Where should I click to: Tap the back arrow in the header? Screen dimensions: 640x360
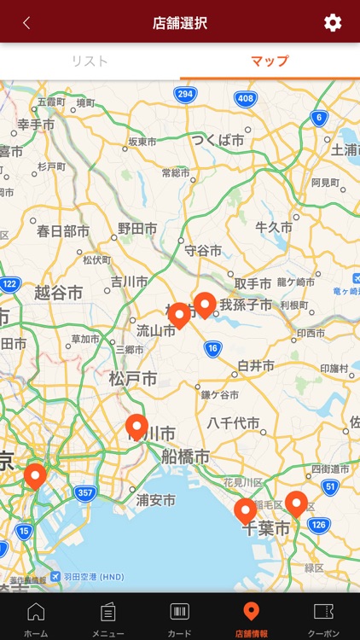(26, 23)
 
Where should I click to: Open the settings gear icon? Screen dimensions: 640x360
(333, 23)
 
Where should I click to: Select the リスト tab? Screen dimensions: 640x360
(90, 61)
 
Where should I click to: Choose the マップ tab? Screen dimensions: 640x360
(270, 61)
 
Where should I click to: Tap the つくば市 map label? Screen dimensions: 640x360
(218, 140)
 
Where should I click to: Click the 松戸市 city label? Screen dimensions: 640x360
(132, 378)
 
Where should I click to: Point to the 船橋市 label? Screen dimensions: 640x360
(185, 457)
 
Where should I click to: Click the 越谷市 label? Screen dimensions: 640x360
(58, 293)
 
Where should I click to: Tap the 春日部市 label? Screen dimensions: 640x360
(63, 230)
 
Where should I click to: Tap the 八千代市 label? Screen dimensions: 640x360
(233, 422)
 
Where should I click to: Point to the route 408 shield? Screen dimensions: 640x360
(246, 99)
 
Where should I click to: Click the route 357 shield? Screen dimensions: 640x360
(84, 492)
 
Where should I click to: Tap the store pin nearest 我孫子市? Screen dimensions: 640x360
(205, 304)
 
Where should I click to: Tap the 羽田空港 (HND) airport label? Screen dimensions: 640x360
(88, 577)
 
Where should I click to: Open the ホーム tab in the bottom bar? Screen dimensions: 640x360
(36, 618)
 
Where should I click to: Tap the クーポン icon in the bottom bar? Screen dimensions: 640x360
(323, 618)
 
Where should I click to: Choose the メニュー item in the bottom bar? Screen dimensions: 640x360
(107, 618)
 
